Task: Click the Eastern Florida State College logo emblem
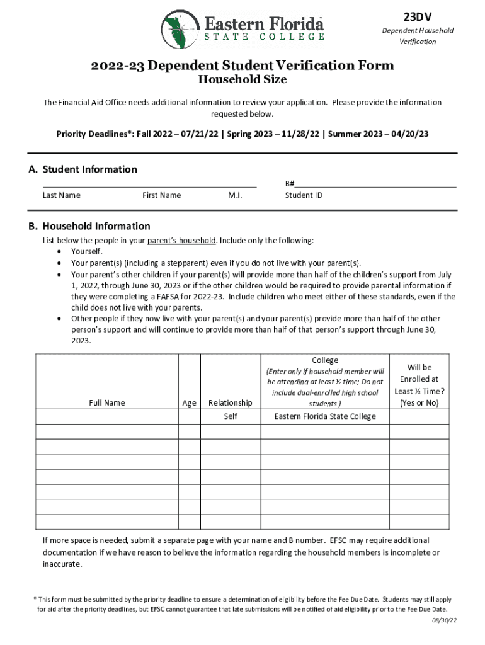(180, 30)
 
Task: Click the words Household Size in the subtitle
(243, 79)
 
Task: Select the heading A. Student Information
(83, 169)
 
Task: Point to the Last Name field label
(62, 195)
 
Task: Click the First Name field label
(161, 195)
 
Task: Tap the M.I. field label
(235, 195)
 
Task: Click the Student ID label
(304, 195)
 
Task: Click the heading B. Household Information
(89, 226)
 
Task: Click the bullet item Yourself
(87, 252)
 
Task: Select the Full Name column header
(107, 403)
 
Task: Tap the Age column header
(189, 403)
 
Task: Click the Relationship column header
(230, 403)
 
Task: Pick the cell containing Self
(230, 416)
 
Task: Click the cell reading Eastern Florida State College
(325, 416)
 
